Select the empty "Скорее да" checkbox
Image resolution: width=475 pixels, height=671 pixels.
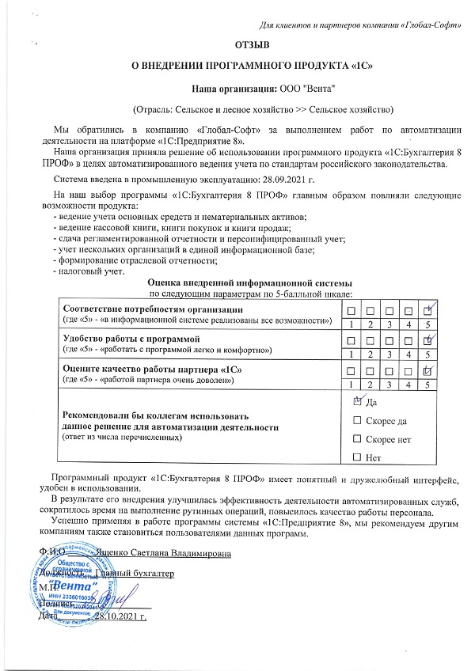tap(356, 420)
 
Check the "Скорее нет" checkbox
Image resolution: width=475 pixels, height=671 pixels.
tap(356, 438)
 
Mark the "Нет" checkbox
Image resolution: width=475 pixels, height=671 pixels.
tap(356, 457)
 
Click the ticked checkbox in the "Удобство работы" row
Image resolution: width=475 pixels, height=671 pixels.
tap(427, 340)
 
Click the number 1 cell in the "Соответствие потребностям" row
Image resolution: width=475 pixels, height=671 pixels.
tap(349, 324)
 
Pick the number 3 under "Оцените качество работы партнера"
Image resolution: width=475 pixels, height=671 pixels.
tap(388, 385)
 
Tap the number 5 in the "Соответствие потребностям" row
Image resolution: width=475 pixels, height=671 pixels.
tap(427, 324)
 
